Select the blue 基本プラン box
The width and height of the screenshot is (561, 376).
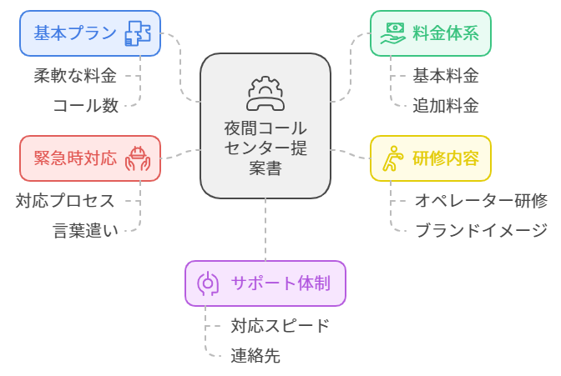90,33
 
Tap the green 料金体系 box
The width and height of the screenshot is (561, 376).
430,33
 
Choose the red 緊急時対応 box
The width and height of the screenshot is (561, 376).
90,158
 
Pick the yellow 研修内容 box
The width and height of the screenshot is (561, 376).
430,158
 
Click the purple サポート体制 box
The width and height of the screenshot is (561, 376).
265,283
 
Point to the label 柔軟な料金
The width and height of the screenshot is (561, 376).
75,76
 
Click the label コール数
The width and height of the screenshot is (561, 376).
85,106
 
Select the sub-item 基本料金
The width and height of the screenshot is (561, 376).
446,76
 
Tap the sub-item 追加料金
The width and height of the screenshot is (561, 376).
446,106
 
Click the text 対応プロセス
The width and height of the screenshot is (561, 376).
65,200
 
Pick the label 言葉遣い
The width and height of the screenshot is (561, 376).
85,231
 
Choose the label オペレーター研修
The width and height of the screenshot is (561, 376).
481,200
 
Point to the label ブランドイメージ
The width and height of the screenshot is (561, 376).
481,231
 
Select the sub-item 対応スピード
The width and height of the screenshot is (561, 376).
280,325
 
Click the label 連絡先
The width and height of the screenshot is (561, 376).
255,356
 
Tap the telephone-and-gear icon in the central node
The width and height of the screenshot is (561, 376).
265,93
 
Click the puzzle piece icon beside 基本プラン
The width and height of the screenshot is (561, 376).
138,34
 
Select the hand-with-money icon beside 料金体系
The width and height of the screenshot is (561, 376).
392,33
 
